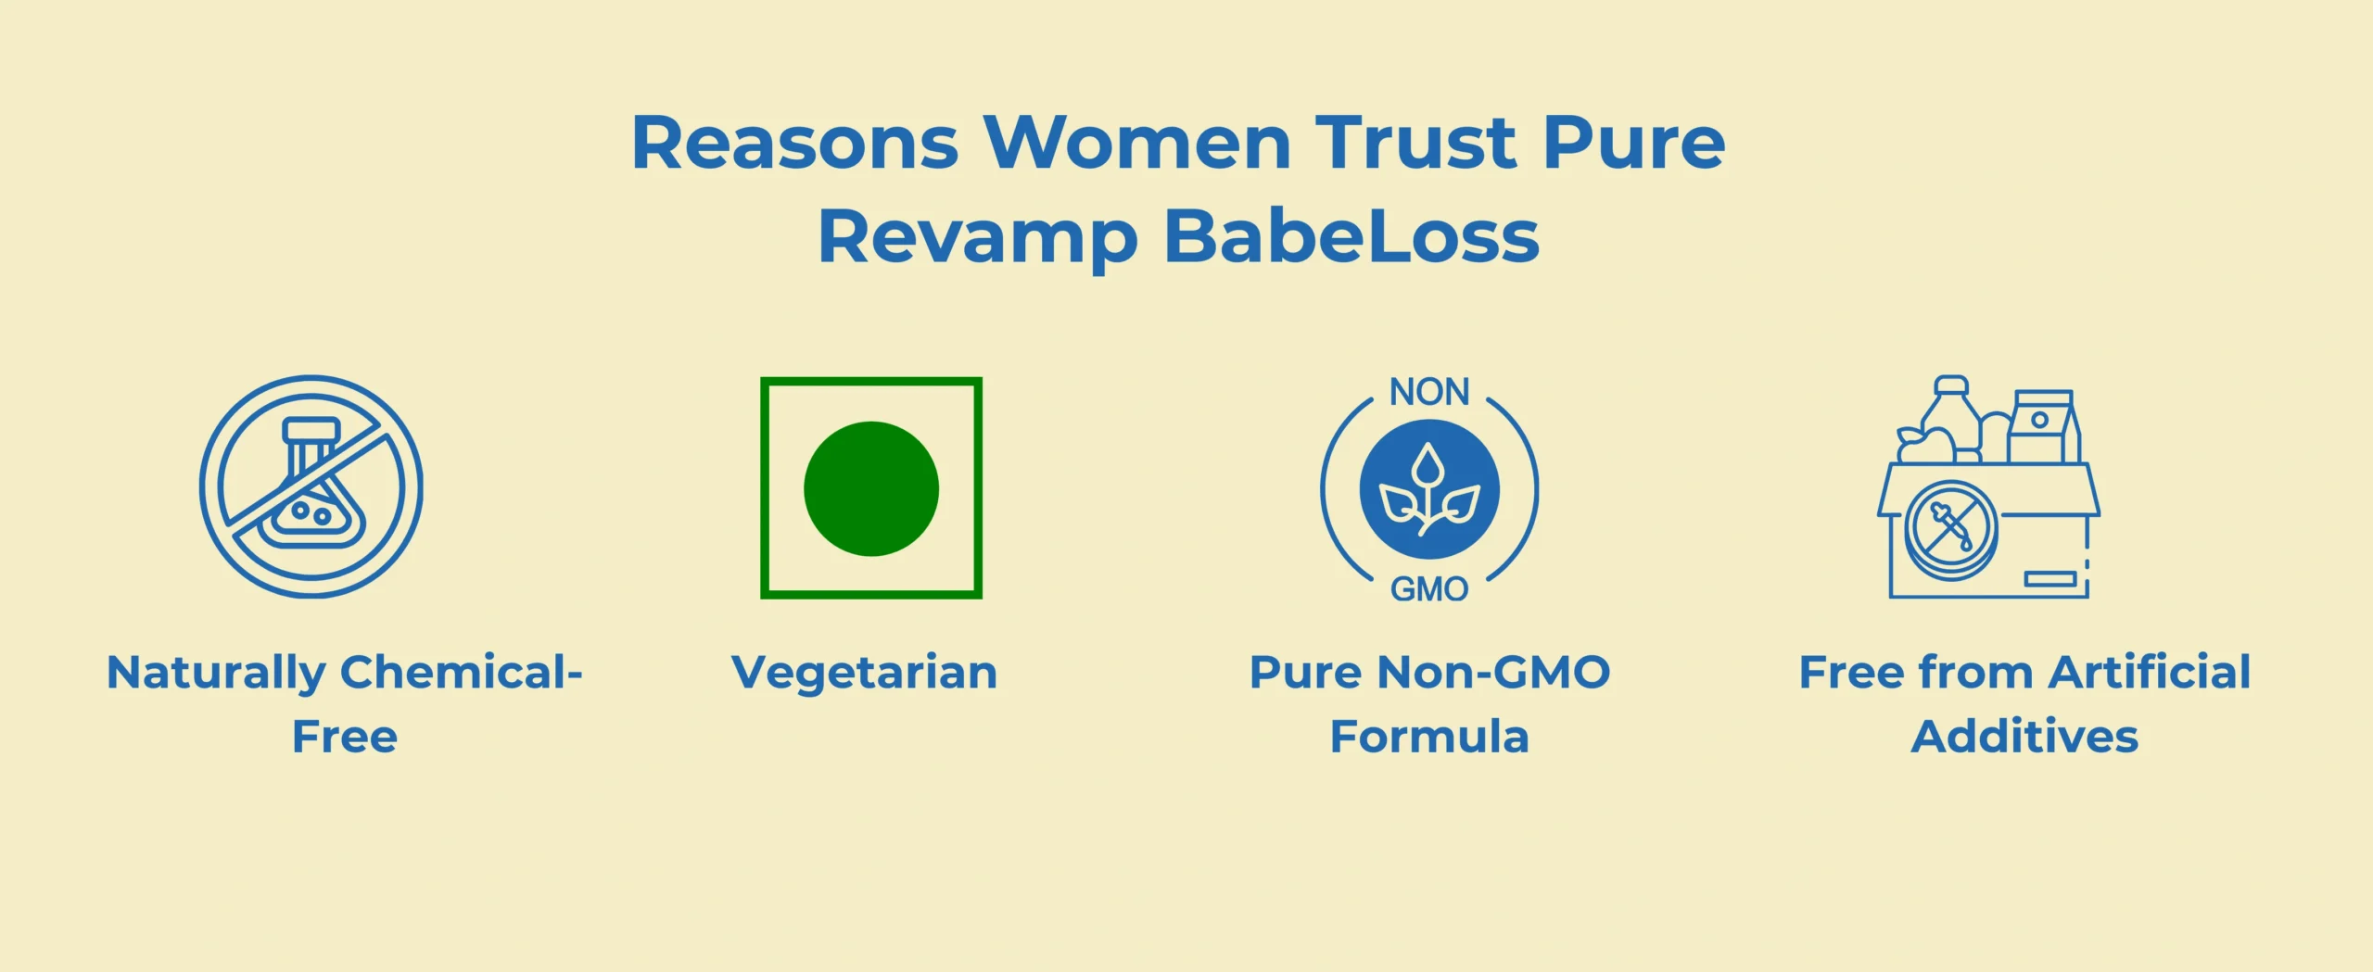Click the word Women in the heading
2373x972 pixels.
(x=1137, y=143)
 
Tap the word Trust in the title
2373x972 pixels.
(x=1416, y=143)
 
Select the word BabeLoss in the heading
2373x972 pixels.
(x=1351, y=237)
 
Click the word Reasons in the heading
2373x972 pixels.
(x=794, y=143)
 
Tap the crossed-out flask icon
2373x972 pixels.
(x=311, y=486)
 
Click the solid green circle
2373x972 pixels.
(x=871, y=489)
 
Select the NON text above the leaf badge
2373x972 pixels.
(x=1429, y=392)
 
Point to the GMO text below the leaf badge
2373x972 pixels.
(x=1429, y=589)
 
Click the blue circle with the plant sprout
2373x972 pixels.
(x=1429, y=489)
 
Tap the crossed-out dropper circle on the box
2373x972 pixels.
(x=1951, y=530)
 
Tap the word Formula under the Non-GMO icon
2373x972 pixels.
(x=1429, y=737)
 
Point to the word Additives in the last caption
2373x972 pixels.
(x=2025, y=737)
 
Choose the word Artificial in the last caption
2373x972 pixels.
(x=2151, y=672)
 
